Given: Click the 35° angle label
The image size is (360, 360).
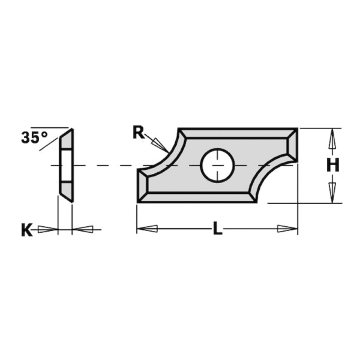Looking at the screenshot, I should point(34,138).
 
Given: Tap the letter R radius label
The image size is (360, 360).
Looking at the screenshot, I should point(138,133).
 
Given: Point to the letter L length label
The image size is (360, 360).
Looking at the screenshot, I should point(217,229).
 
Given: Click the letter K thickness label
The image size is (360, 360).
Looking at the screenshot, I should point(27,230).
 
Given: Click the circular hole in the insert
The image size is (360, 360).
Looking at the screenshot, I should point(217,166).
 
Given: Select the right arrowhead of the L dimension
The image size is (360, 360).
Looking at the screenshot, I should point(287,229).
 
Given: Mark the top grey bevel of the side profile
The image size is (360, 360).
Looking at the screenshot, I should point(67,140).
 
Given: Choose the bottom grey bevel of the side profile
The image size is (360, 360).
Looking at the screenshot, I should point(67,190).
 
